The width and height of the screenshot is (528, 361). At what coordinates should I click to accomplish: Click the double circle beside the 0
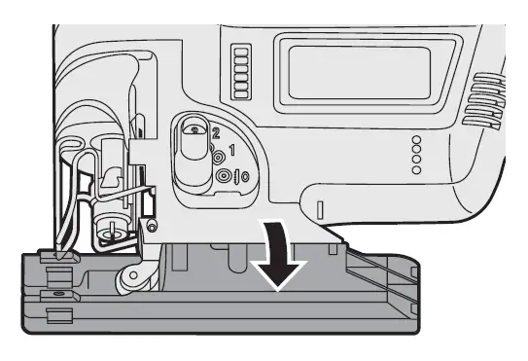(x=225, y=176)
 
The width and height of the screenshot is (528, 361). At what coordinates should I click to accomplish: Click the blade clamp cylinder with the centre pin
(x=106, y=232)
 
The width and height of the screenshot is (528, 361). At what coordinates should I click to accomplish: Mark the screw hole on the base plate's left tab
(x=60, y=292)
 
